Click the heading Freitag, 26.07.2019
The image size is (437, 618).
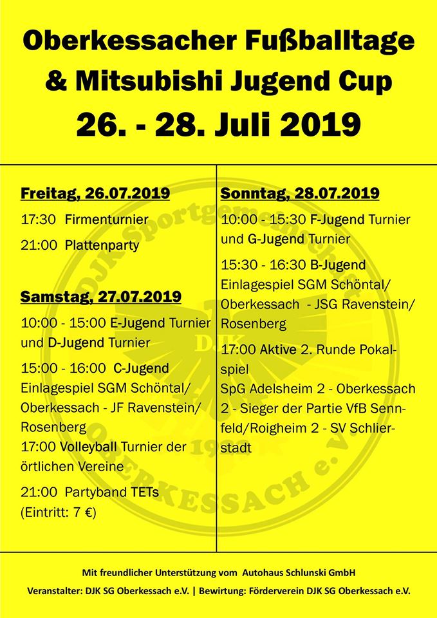(95, 193)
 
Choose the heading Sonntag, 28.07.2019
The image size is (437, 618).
(300, 193)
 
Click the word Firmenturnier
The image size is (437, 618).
(106, 219)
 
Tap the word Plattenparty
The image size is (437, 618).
(102, 245)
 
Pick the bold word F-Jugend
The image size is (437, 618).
(337, 219)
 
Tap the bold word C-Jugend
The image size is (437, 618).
(141, 368)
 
